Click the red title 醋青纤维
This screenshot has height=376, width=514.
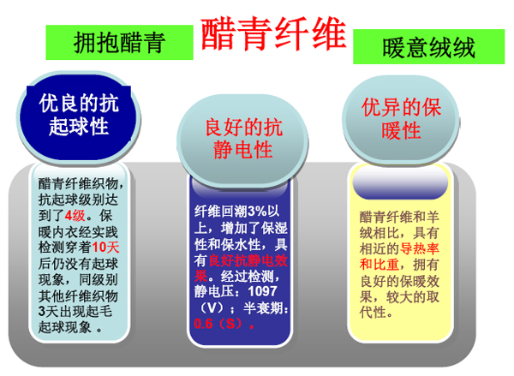274,34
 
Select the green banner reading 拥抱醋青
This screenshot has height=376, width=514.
119,43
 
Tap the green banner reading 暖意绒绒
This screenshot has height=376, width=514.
429,47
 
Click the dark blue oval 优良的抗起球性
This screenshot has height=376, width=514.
79,116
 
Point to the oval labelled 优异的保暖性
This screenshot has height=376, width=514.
401,119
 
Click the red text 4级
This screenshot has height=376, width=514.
75,216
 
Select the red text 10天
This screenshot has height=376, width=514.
105,248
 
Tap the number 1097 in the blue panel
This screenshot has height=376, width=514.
262,291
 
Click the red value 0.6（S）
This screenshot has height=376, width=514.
224,324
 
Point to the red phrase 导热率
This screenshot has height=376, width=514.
420,248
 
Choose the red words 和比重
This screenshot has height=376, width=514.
379,265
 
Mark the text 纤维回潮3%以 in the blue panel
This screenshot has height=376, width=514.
236,212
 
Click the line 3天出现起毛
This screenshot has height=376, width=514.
75,312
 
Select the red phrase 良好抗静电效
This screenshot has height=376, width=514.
248,260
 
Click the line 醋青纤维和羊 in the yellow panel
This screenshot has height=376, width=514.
399,217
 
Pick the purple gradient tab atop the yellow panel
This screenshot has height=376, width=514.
400,183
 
